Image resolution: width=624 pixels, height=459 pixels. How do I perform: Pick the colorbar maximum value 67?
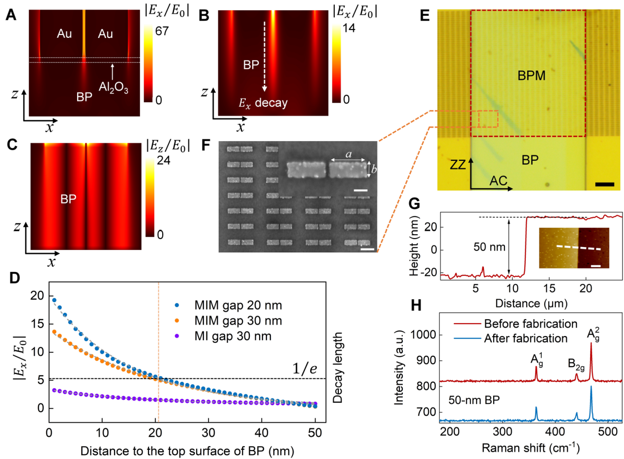coord(162,32)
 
